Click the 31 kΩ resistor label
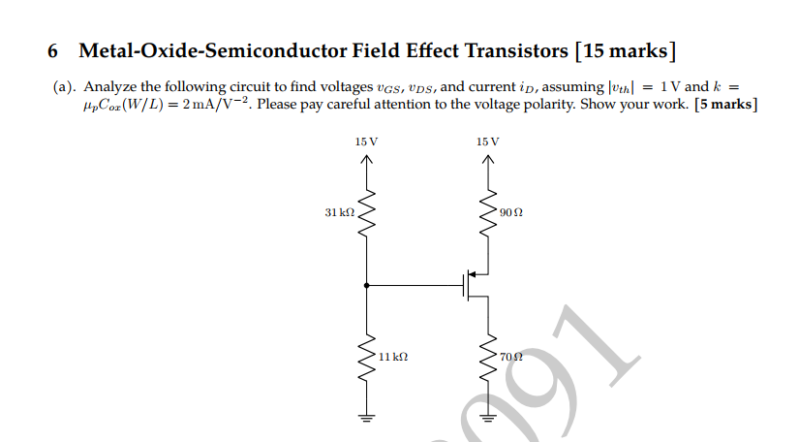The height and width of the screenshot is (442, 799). [339, 210]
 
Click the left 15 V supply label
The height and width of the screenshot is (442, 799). [366, 142]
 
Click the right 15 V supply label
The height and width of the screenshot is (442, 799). [488, 142]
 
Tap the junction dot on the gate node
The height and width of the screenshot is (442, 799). [366, 286]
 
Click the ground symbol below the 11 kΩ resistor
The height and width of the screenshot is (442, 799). [366, 418]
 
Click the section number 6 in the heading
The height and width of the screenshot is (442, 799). [53, 50]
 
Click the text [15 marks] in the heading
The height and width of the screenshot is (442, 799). [625, 50]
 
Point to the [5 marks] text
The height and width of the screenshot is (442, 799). [725, 104]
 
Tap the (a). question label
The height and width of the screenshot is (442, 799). [66, 86]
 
